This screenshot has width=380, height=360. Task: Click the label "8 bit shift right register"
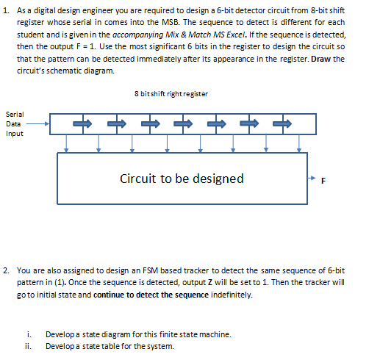tap(171, 94)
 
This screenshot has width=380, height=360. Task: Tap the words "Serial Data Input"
tap(14, 124)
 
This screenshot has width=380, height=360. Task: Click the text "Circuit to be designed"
tap(182, 179)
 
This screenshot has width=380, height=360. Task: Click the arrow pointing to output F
tap(312, 179)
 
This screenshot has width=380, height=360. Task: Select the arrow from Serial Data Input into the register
tap(41, 124)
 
